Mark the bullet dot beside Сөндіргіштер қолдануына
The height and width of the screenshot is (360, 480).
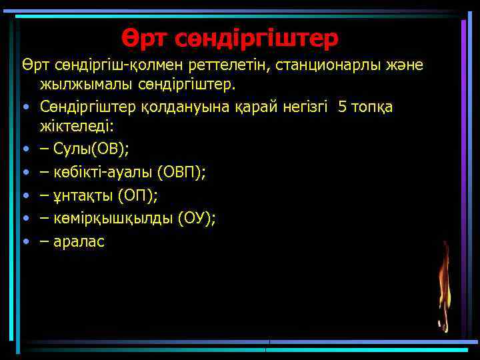point(25,107)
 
